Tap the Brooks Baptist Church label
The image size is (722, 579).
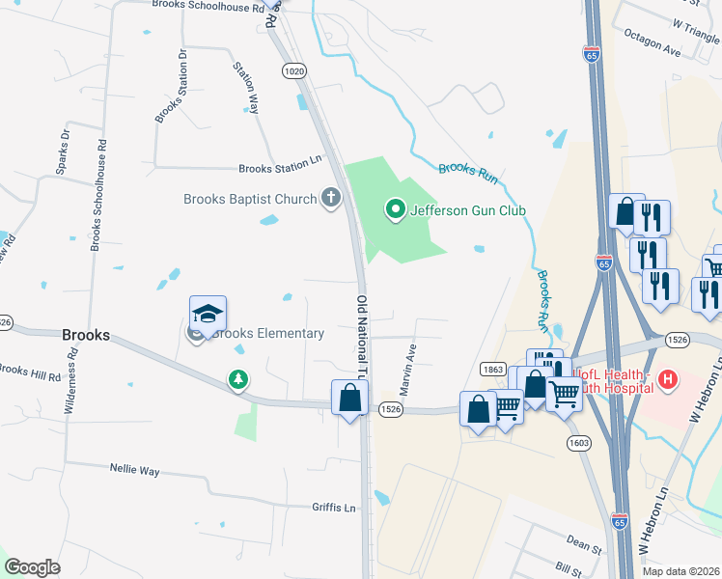click(250, 199)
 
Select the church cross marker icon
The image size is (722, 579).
click(330, 199)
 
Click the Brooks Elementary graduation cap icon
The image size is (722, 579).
click(208, 313)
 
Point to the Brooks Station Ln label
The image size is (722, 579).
click(279, 168)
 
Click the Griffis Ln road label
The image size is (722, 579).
click(334, 508)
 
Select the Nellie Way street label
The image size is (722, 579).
click(135, 470)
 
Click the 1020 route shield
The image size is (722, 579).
click(294, 71)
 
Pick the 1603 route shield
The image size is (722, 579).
click(578, 443)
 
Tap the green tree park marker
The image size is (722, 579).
click(237, 380)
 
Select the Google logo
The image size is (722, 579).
click(32, 566)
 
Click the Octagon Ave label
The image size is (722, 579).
click(652, 44)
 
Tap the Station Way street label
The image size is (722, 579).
click(246, 88)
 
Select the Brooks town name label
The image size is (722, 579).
click(85, 336)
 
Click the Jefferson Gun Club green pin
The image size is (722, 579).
click(394, 208)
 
